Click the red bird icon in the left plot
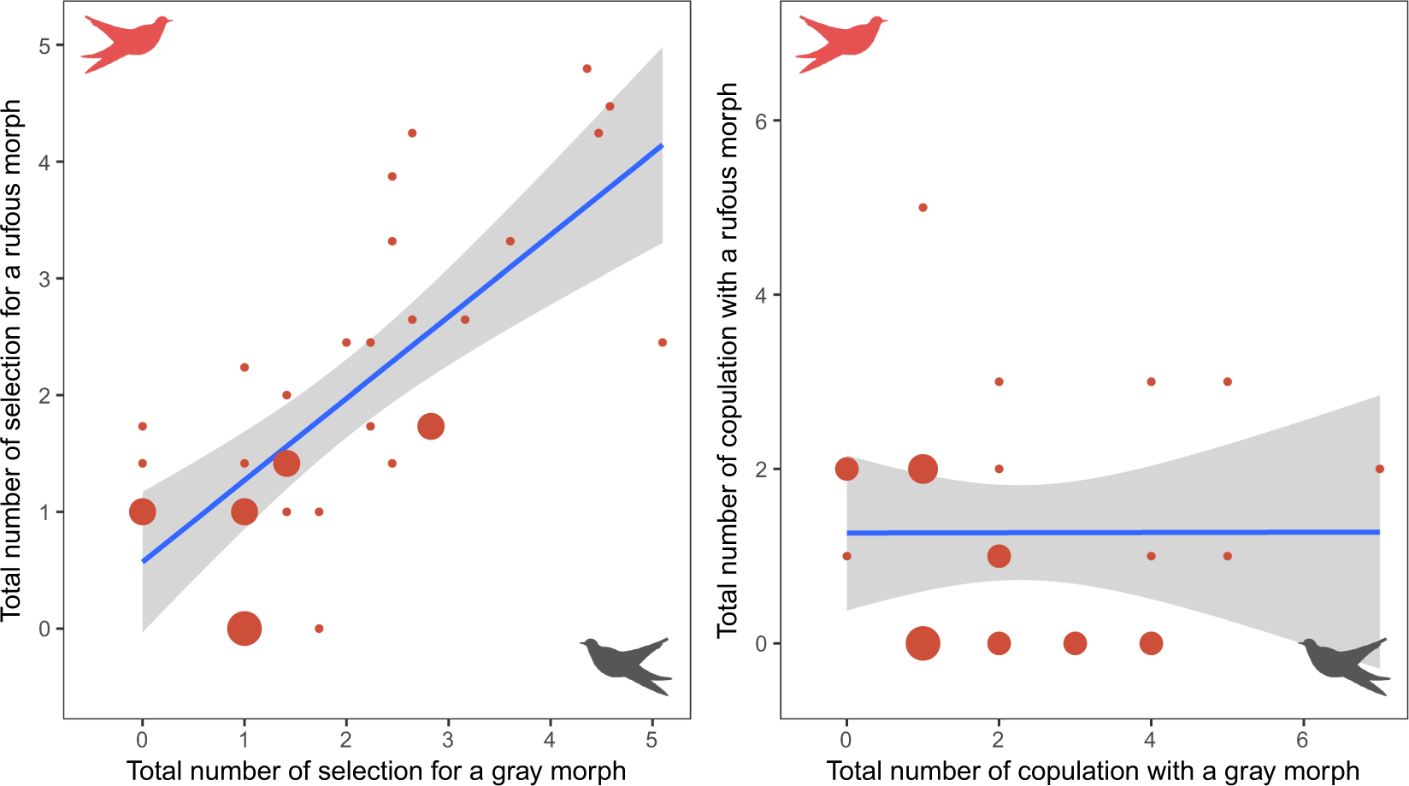click(128, 43)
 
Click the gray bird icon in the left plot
click(627, 665)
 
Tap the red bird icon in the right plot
click(843, 43)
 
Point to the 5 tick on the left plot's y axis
click(44, 45)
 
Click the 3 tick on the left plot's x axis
click(448, 739)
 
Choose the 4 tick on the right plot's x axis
click(1150, 739)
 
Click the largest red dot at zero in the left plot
click(245, 629)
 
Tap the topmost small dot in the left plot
click(587, 68)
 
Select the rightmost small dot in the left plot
click(663, 342)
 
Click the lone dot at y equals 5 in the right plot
click(923, 208)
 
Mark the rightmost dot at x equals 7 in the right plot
click(1379, 469)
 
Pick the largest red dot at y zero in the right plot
click(923, 643)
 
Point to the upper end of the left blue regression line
click(662, 145)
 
